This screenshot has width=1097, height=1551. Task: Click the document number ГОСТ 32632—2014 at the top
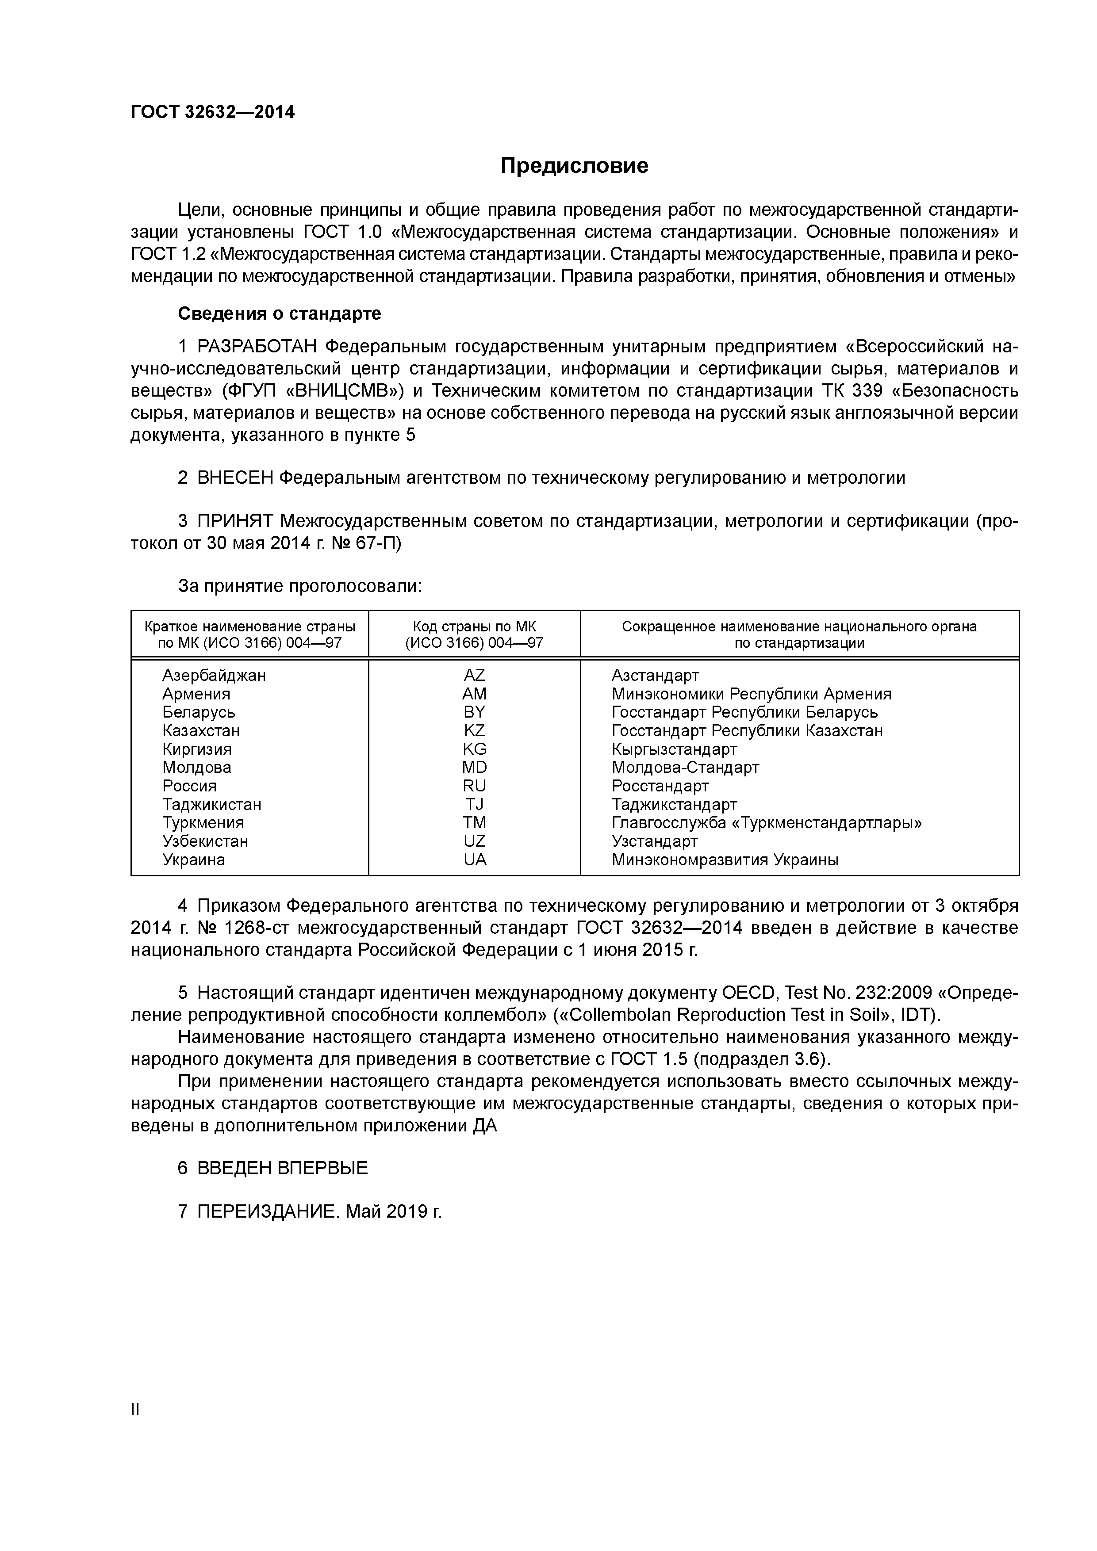tap(212, 112)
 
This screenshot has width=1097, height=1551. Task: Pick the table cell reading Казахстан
tap(201, 730)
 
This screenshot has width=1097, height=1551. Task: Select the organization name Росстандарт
tap(660, 786)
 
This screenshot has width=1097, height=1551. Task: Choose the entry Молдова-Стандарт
tap(685, 768)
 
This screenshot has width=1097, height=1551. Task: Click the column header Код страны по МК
tap(474, 626)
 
